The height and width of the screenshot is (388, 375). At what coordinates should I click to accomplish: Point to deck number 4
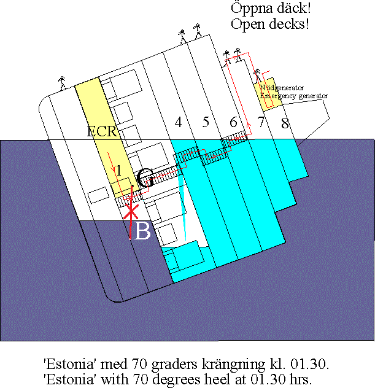(x=178, y=122)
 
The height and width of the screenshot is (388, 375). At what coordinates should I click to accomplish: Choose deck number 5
(x=206, y=122)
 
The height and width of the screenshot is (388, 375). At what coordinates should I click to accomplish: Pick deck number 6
(x=233, y=122)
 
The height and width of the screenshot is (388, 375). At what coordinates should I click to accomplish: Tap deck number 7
(x=261, y=122)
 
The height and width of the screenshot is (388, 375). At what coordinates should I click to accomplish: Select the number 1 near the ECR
(x=119, y=169)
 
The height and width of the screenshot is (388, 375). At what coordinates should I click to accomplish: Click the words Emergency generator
(x=293, y=96)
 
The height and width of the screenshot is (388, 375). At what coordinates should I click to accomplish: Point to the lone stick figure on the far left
(x=62, y=82)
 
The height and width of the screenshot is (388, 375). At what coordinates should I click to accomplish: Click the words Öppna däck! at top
(x=270, y=9)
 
